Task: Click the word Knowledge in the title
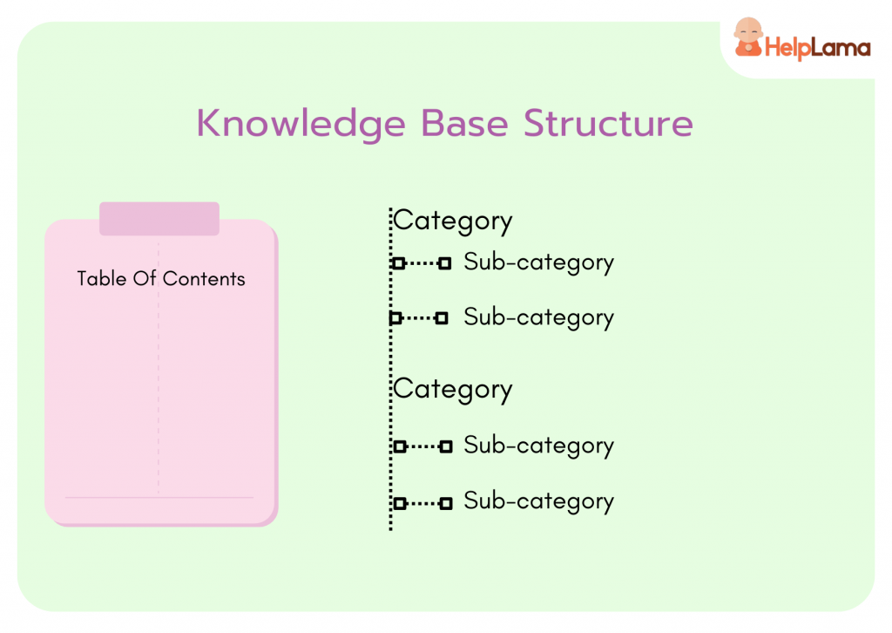pyautogui.click(x=301, y=124)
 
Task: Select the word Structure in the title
pyautogui.click(x=608, y=124)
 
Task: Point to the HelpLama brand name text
pyautogui.click(x=816, y=47)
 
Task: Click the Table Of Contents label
pyautogui.click(x=161, y=279)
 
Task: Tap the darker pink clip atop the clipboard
pyautogui.click(x=159, y=219)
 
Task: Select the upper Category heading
pyautogui.click(x=453, y=221)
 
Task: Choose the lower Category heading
pyautogui.click(x=453, y=389)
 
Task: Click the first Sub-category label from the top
pyautogui.click(x=538, y=262)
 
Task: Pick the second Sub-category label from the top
pyautogui.click(x=538, y=317)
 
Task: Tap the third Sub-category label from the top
pyautogui.click(x=538, y=446)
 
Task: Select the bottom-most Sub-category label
pyautogui.click(x=538, y=501)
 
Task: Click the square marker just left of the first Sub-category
pyautogui.click(x=445, y=263)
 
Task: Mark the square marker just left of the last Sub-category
pyautogui.click(x=446, y=503)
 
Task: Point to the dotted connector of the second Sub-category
pyautogui.click(x=419, y=318)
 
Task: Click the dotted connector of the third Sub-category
pyautogui.click(x=422, y=446)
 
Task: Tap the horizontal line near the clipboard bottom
pyautogui.click(x=159, y=498)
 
